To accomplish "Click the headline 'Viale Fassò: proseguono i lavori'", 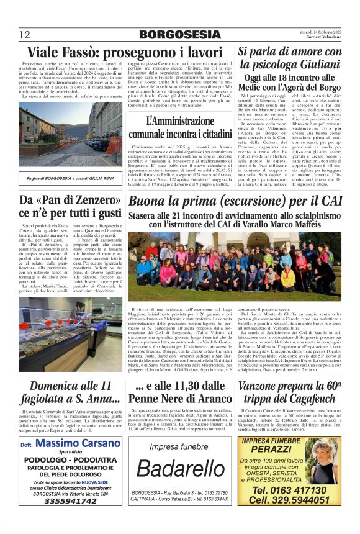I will click(125, 52).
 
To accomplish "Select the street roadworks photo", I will click(71, 136).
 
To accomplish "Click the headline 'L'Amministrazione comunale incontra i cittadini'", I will click(180, 127).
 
